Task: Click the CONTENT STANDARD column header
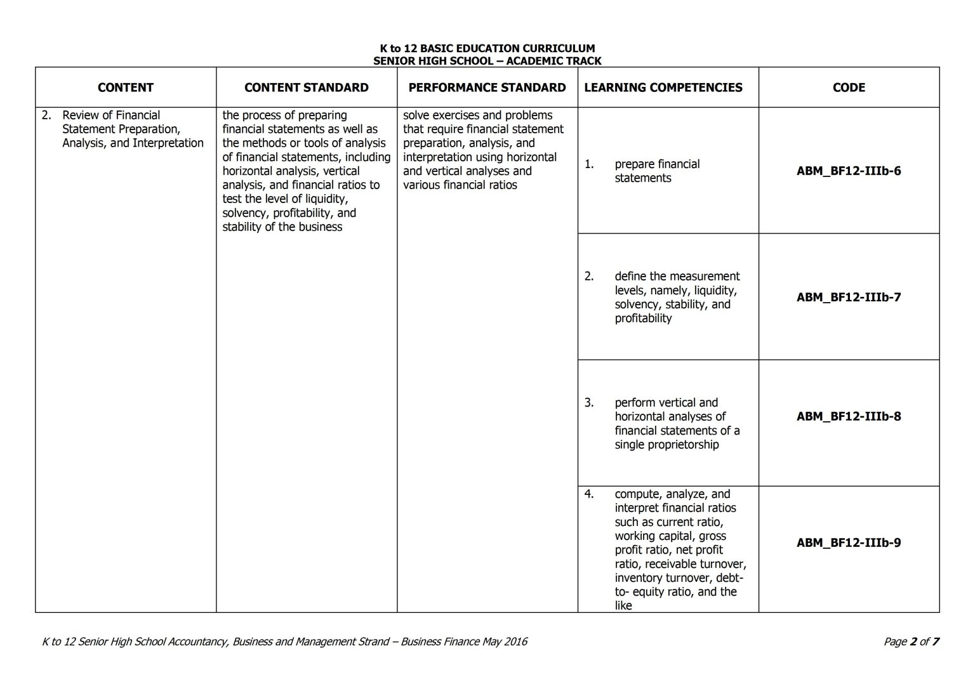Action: point(306,88)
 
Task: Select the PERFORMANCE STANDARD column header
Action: point(487,88)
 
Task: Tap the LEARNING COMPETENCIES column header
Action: point(663,88)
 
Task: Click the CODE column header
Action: point(849,88)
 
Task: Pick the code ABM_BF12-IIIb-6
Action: point(849,171)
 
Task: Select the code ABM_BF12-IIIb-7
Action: point(849,297)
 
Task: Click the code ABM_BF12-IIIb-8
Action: point(849,416)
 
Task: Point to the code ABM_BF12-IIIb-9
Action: point(849,542)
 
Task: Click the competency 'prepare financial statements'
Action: point(657,171)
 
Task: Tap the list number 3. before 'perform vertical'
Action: point(589,402)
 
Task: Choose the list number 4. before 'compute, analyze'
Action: point(589,494)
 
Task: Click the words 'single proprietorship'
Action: point(667,444)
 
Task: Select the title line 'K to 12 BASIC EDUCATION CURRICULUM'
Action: point(487,48)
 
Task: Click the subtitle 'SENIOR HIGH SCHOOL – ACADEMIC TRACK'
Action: point(487,61)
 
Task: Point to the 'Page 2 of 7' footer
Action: point(911,641)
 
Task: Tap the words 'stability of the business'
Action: point(282,226)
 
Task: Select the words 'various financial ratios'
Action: point(460,185)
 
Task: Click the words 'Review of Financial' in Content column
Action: point(111,115)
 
